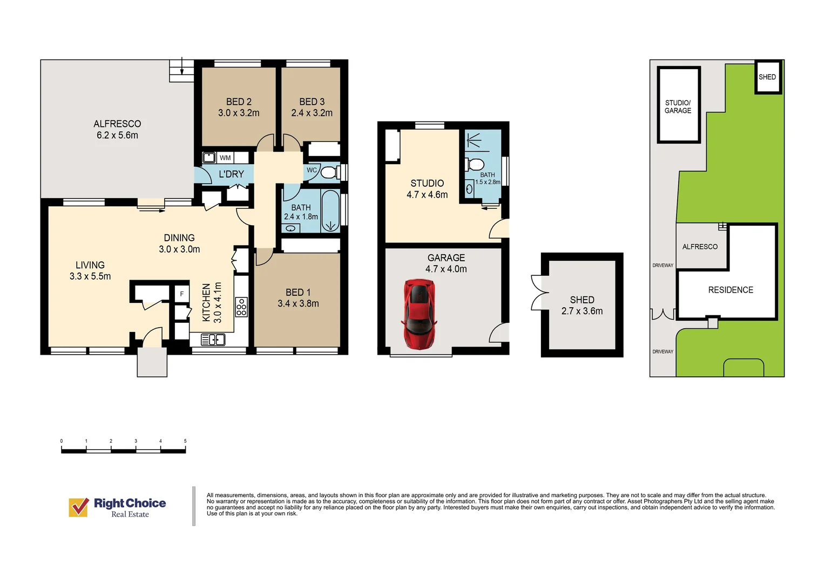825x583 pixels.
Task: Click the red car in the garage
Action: coord(419,314)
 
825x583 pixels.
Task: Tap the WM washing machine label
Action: coord(225,158)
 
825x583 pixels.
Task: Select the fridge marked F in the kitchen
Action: coord(181,294)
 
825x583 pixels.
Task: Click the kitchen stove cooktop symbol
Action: coord(241,307)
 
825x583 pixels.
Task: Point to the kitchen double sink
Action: coord(213,339)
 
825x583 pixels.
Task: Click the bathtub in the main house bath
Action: coord(330,211)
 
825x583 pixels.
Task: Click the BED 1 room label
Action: coord(298,293)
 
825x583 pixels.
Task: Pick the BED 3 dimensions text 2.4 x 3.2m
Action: coord(312,113)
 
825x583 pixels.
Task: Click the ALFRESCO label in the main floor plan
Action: coord(117,124)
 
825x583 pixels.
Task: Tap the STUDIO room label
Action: coord(427,184)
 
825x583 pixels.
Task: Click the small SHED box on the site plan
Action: coord(768,77)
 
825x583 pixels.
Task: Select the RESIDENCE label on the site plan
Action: coord(731,290)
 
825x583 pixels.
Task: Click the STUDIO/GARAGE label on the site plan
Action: coord(678,106)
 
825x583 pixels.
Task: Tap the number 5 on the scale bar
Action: coord(185,441)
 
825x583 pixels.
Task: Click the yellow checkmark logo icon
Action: coord(79,507)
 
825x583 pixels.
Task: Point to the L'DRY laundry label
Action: coord(231,174)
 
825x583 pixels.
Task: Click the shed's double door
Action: coord(540,293)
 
